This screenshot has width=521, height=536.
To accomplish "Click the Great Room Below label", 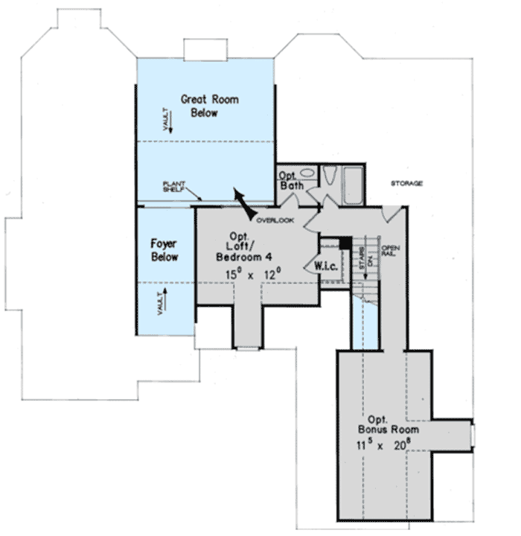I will coord(210,106).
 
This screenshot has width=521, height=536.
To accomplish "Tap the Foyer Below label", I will coord(164,249).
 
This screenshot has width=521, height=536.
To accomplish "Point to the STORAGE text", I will coord(407,183).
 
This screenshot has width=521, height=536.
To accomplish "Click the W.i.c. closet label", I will coord(327,265).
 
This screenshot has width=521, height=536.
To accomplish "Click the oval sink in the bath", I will coord(307,173).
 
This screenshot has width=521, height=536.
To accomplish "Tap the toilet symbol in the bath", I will coord(329,176).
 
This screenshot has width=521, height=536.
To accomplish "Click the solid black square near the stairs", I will coord(345,243).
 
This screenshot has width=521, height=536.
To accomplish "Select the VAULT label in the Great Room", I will coord(168,120).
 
